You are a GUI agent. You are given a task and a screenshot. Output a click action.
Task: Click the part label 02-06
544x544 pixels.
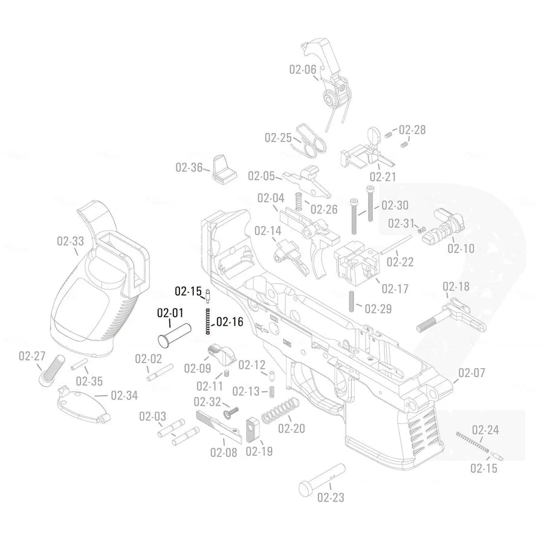tap(302, 70)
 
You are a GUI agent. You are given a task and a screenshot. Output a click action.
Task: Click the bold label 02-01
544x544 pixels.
tap(170, 313)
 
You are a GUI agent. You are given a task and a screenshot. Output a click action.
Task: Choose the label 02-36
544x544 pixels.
tap(189, 167)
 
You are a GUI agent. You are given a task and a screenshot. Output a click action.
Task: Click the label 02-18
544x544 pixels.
tap(456, 287)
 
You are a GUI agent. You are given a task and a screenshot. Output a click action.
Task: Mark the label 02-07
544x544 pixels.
tap(471, 373)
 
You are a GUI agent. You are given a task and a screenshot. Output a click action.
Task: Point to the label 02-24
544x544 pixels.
tap(485, 430)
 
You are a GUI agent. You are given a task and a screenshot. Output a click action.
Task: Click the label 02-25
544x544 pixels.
tap(278, 138)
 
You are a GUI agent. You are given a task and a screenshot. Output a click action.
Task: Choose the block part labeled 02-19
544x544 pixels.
tap(253, 430)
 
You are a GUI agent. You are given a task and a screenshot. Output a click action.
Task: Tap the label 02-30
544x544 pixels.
tap(395, 205)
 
